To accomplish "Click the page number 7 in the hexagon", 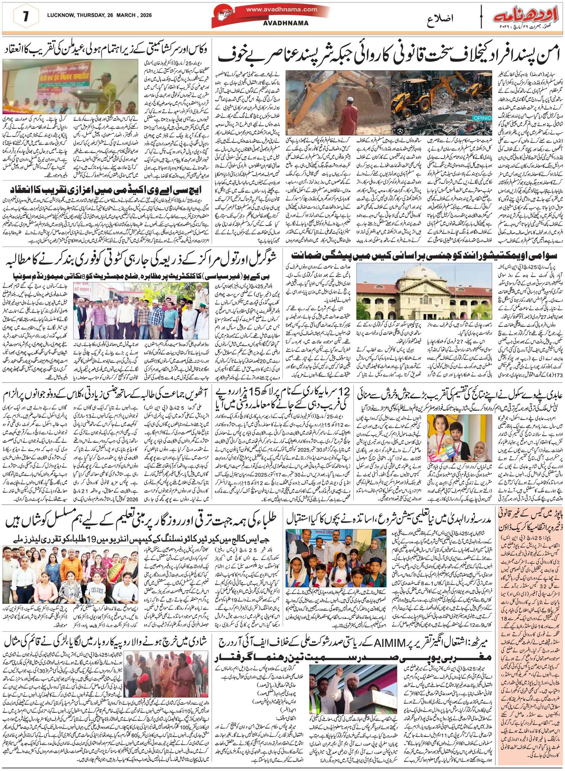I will pos(25,17).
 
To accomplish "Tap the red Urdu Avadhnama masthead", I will pos(523,17).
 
